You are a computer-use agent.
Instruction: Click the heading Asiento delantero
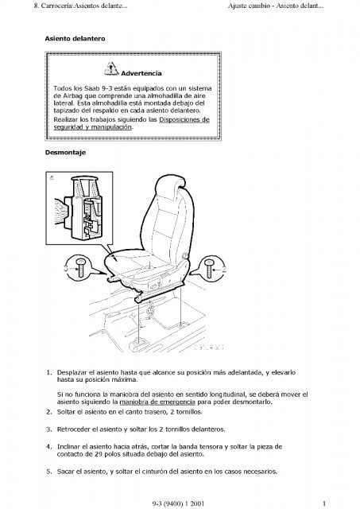pos(75,39)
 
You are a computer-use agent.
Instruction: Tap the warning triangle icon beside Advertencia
pos(111,68)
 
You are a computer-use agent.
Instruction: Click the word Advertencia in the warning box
pos(141,73)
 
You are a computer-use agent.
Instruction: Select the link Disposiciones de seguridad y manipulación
pos(131,123)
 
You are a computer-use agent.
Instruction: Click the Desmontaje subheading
pos(65,153)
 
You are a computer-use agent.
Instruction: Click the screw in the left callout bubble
pos(80,268)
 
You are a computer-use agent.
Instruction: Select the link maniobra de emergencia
pos(157,402)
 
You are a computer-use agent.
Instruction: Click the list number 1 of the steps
pos(49,373)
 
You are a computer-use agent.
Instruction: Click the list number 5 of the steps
pos(49,472)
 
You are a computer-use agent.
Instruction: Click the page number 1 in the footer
pos(324,503)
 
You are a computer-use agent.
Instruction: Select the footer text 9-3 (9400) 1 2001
pos(178,503)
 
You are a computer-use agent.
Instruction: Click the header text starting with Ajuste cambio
pos(275,6)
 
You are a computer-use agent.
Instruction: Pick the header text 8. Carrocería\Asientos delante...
pos(80,6)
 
